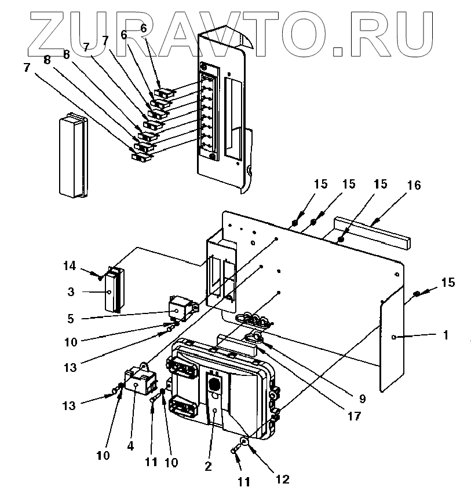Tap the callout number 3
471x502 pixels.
click(71, 292)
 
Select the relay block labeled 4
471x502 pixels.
click(139, 382)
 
